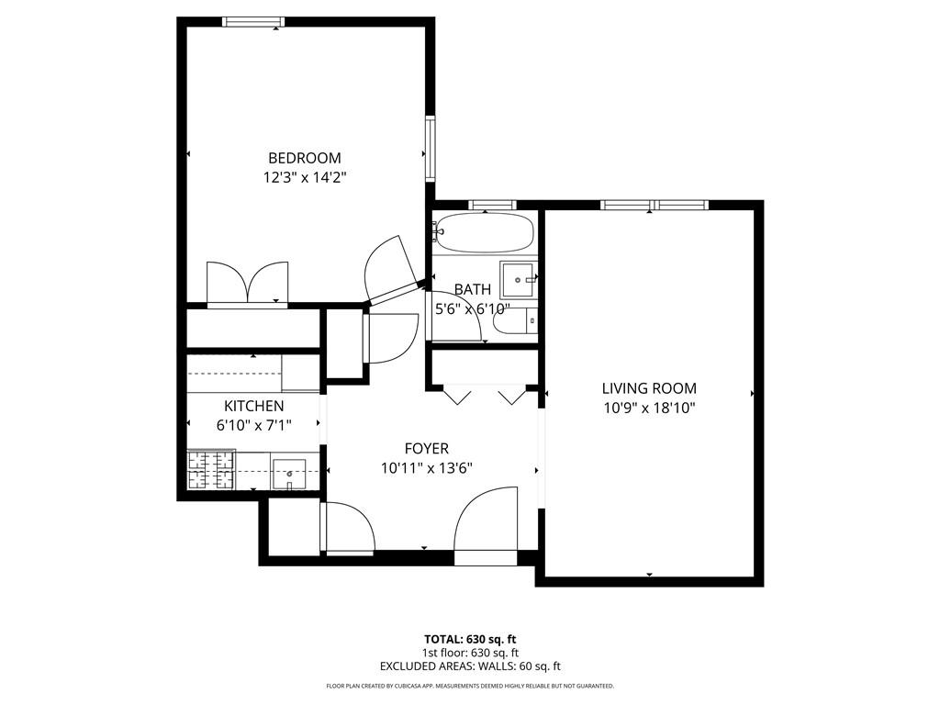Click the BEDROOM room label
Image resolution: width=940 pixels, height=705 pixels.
[304, 158]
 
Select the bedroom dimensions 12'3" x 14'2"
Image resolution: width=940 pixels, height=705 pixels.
[304, 177]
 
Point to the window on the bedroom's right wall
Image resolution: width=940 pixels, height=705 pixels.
[429, 148]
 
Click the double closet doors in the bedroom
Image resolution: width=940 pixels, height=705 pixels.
[248, 283]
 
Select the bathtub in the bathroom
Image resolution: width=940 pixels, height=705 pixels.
[484, 233]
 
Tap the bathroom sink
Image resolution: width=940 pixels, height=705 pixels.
[518, 279]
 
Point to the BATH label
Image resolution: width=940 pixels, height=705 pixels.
[472, 290]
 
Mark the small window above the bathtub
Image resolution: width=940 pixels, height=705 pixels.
[492, 205]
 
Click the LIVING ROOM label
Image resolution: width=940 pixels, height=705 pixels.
[649, 388]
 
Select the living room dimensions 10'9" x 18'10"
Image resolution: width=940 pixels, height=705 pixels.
[649, 408]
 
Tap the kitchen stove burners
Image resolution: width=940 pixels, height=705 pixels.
[211, 471]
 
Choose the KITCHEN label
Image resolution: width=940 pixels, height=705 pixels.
[254, 406]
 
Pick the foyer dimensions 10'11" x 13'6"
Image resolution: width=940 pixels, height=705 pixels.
[427, 468]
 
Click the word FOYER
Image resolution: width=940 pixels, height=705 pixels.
[427, 448]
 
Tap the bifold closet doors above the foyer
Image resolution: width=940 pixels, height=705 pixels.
[484, 396]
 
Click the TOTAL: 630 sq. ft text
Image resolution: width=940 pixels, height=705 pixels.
[470, 639]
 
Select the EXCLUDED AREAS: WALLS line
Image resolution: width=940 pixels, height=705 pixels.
[470, 666]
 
